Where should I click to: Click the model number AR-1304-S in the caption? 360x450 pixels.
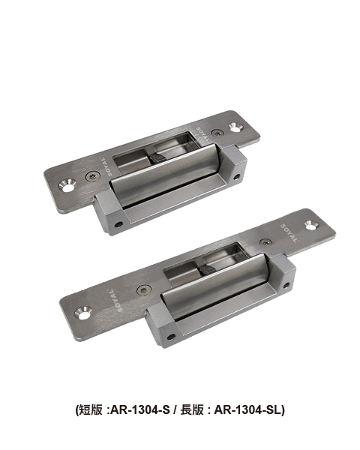point(140,409)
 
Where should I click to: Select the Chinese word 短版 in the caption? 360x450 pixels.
point(91,409)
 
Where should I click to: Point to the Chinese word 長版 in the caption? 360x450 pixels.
point(192,409)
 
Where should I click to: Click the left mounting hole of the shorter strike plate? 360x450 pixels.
point(67,186)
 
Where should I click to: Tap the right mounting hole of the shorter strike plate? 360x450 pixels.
point(235,127)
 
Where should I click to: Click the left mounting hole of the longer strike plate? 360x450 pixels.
point(83,313)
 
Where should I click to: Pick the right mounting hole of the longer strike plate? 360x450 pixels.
point(311,225)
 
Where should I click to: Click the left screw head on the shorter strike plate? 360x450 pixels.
point(93,176)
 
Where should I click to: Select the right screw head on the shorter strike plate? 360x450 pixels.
point(217,133)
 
